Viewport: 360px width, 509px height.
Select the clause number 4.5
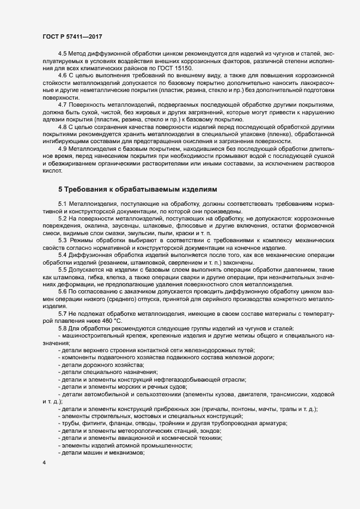point(62,53)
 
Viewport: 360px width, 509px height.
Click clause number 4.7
point(62,104)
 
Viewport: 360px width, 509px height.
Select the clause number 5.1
point(62,203)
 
